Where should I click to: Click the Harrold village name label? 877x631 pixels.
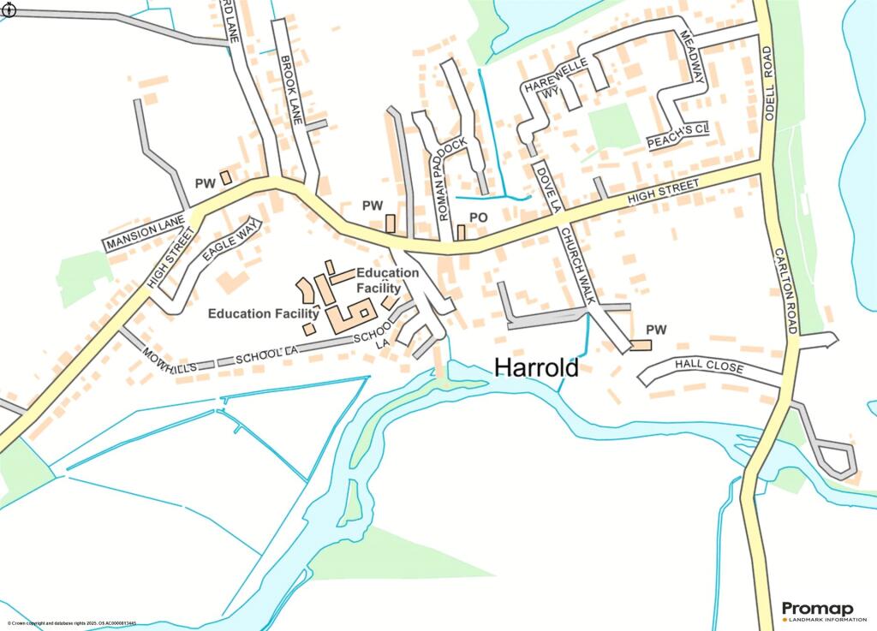click(x=537, y=367)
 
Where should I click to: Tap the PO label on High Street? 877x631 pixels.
click(x=478, y=218)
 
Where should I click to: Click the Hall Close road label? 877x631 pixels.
click(x=708, y=366)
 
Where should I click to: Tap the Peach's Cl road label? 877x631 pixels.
click(x=679, y=137)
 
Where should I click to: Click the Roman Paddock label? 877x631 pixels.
click(x=450, y=178)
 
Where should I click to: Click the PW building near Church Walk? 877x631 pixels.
click(x=641, y=345)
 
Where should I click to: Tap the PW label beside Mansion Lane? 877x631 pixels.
click(x=205, y=183)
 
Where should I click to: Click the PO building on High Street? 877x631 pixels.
click(x=461, y=232)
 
